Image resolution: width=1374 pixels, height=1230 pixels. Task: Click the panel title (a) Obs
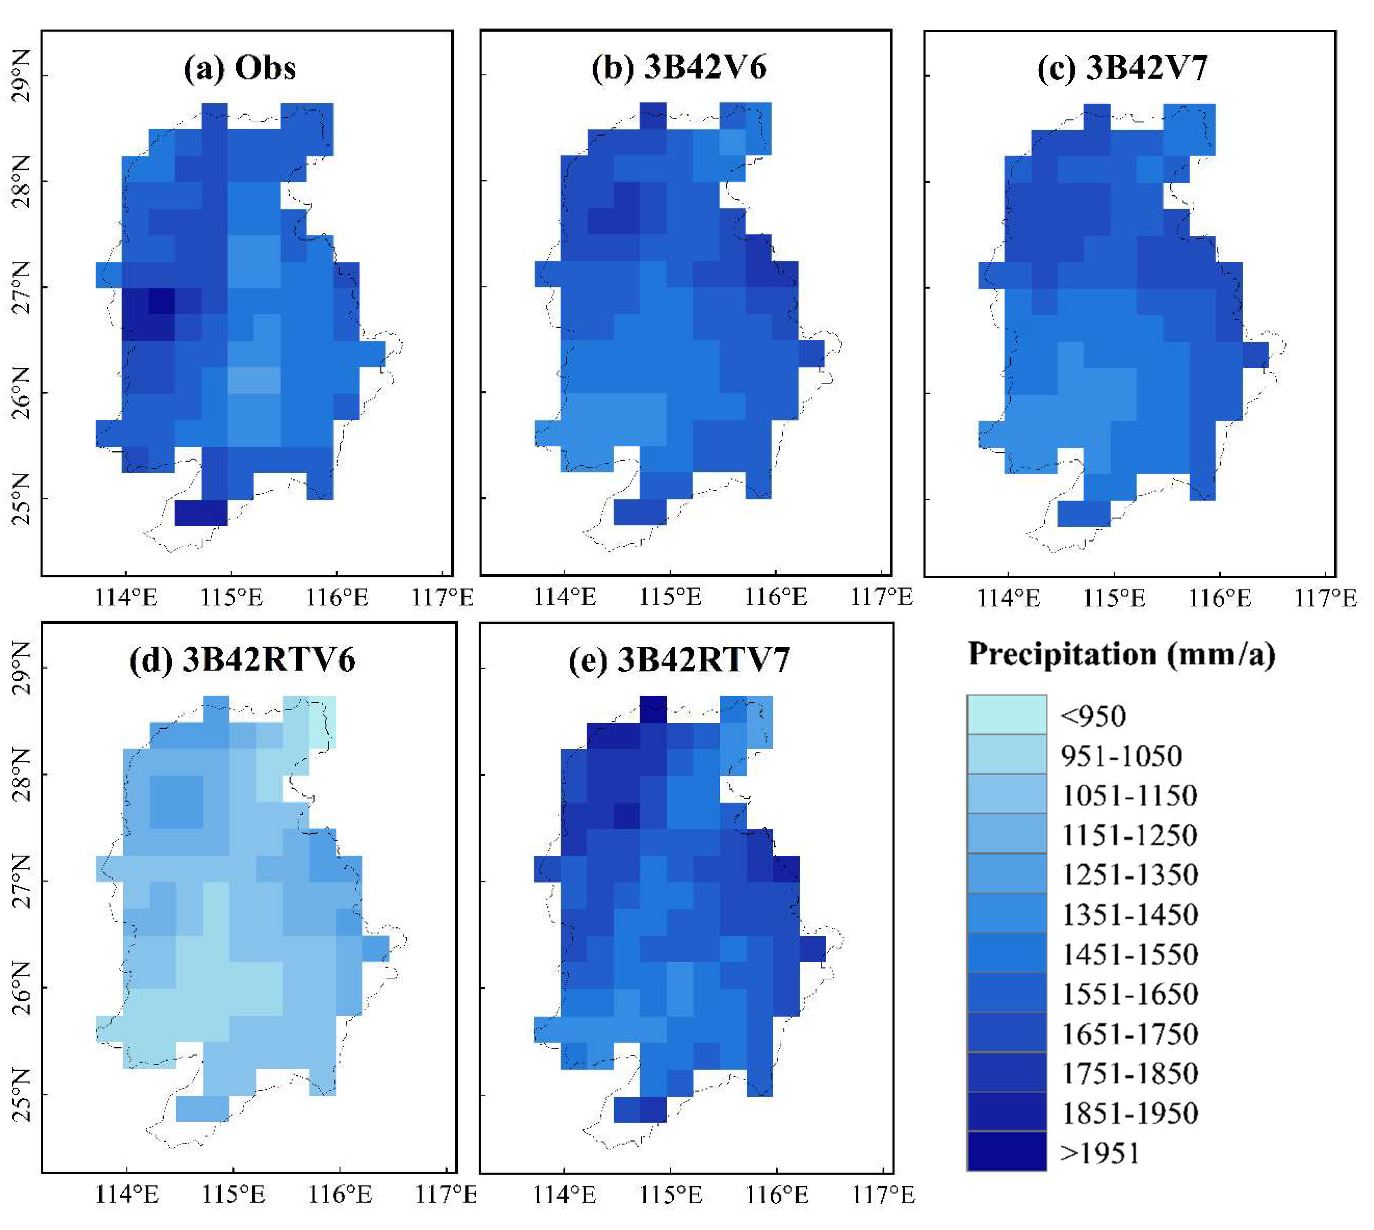pyautogui.click(x=240, y=68)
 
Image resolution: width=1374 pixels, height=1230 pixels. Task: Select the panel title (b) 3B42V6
pyautogui.click(x=679, y=68)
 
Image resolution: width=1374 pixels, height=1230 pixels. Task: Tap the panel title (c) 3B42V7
pyautogui.click(x=1122, y=68)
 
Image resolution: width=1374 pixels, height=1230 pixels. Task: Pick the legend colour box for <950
pyautogui.click(x=1006, y=714)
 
